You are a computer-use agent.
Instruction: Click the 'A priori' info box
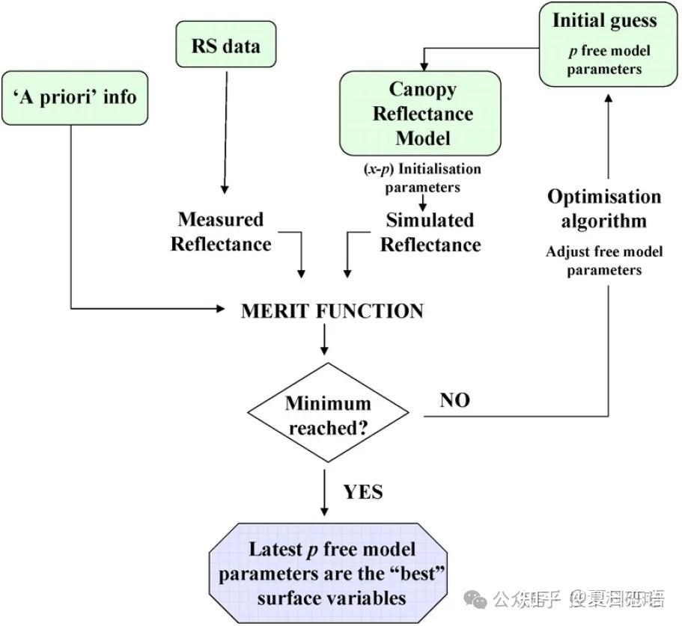point(75,97)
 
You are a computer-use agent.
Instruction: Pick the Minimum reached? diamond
point(327,416)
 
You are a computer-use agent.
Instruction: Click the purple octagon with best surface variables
point(332,574)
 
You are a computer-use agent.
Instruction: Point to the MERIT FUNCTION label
point(332,311)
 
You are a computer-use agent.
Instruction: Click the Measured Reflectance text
point(221,232)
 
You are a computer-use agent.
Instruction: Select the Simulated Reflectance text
point(430,233)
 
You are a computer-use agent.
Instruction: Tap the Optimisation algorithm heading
point(604,209)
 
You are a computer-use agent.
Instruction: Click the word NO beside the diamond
point(454,400)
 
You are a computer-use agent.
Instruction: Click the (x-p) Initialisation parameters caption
point(423,178)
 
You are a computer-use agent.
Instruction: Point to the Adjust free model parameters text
point(604,260)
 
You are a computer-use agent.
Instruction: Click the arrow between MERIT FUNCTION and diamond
point(324,341)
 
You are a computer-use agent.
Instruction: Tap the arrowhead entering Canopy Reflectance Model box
point(423,65)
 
